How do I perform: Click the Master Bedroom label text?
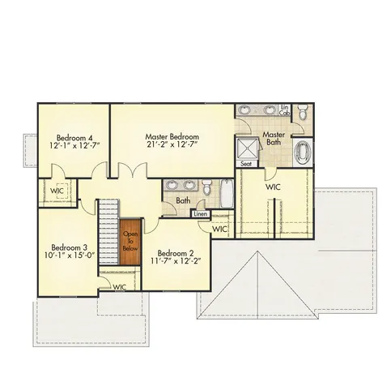[172, 136]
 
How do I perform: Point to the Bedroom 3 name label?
[69, 247]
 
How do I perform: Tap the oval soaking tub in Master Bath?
[303, 152]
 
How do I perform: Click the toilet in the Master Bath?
[301, 111]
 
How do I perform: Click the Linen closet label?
[201, 214]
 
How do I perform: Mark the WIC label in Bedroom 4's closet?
[57, 191]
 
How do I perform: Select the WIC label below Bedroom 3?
[119, 286]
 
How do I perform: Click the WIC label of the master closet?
[273, 187]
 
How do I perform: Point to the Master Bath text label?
[273, 139]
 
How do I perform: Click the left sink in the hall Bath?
[170, 186]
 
